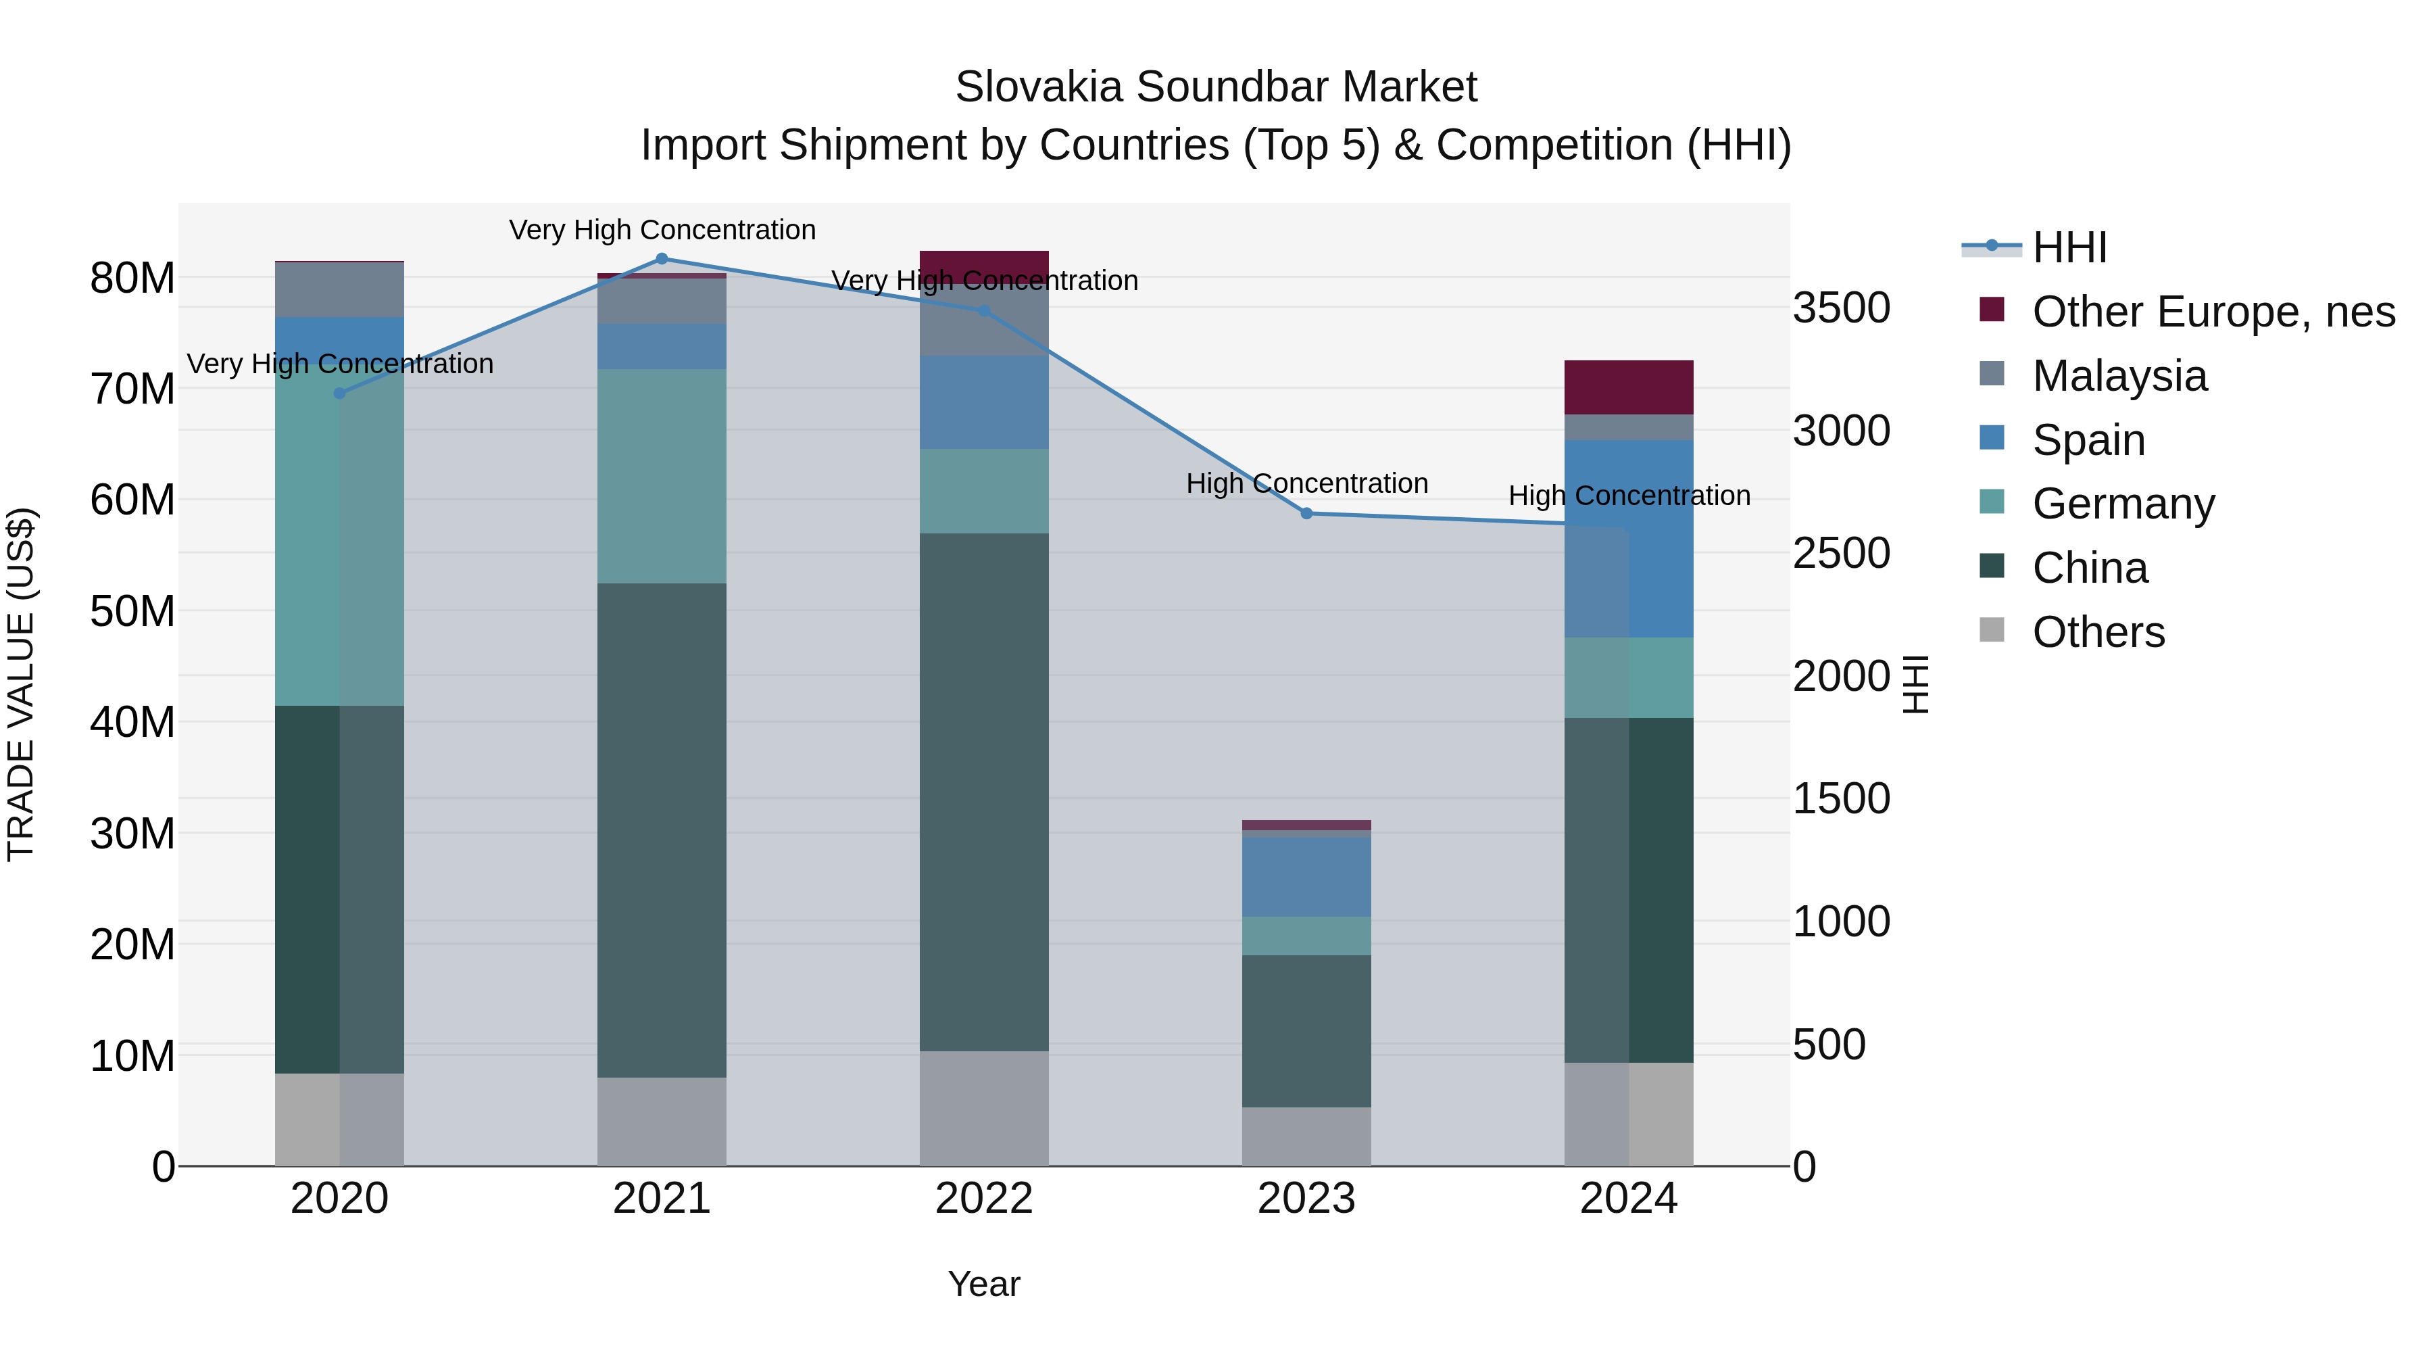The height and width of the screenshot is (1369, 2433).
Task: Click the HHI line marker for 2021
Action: tap(662, 259)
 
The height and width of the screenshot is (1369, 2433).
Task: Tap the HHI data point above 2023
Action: tap(1306, 514)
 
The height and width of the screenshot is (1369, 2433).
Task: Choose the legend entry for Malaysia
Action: tap(2119, 376)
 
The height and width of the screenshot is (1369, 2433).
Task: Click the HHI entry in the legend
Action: tap(2069, 247)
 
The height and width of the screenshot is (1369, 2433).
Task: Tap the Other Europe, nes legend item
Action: tap(2213, 312)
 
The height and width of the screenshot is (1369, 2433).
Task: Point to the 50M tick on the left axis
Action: tap(132, 611)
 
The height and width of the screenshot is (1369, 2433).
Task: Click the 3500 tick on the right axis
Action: tap(1842, 308)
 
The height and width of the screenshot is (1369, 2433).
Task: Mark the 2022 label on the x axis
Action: tap(984, 1199)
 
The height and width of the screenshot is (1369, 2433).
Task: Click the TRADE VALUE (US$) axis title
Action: tap(21, 684)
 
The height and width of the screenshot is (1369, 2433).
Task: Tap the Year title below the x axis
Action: tap(984, 1284)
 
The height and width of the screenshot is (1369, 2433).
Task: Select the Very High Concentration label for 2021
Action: tap(662, 230)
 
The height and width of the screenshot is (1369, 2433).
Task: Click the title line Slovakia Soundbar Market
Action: tap(1216, 87)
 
